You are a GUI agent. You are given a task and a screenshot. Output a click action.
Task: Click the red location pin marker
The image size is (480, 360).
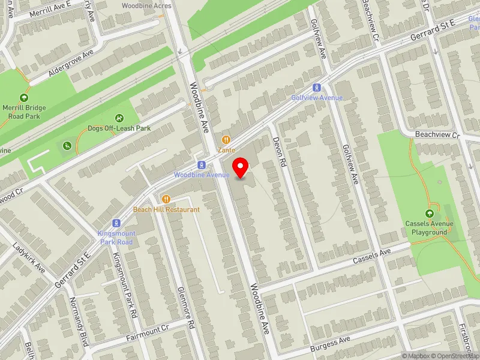[x=241, y=167]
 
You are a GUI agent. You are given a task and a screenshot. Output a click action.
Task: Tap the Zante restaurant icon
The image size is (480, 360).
[x=226, y=140]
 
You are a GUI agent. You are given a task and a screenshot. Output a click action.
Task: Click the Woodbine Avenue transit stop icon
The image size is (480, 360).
[x=202, y=164]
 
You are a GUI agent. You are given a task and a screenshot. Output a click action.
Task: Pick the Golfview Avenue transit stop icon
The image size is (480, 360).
[x=317, y=88]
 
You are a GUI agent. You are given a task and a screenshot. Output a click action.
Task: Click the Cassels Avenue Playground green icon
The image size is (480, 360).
[x=430, y=214]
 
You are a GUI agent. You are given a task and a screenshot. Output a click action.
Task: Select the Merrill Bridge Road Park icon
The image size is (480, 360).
[x=24, y=98]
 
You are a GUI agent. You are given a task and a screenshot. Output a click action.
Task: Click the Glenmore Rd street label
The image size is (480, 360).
[x=187, y=307]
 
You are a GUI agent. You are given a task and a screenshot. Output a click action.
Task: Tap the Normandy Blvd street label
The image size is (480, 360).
[x=79, y=321]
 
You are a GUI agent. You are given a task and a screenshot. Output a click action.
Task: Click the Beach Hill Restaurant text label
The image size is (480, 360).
[x=166, y=209]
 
